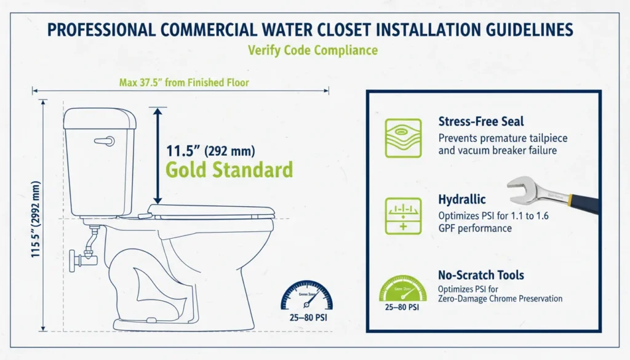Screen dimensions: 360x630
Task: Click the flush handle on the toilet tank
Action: click(x=105, y=140)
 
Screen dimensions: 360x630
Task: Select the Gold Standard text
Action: click(x=229, y=169)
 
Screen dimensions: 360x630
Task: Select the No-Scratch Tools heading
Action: click(x=480, y=275)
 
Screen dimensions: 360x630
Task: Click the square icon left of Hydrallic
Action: click(x=403, y=215)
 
